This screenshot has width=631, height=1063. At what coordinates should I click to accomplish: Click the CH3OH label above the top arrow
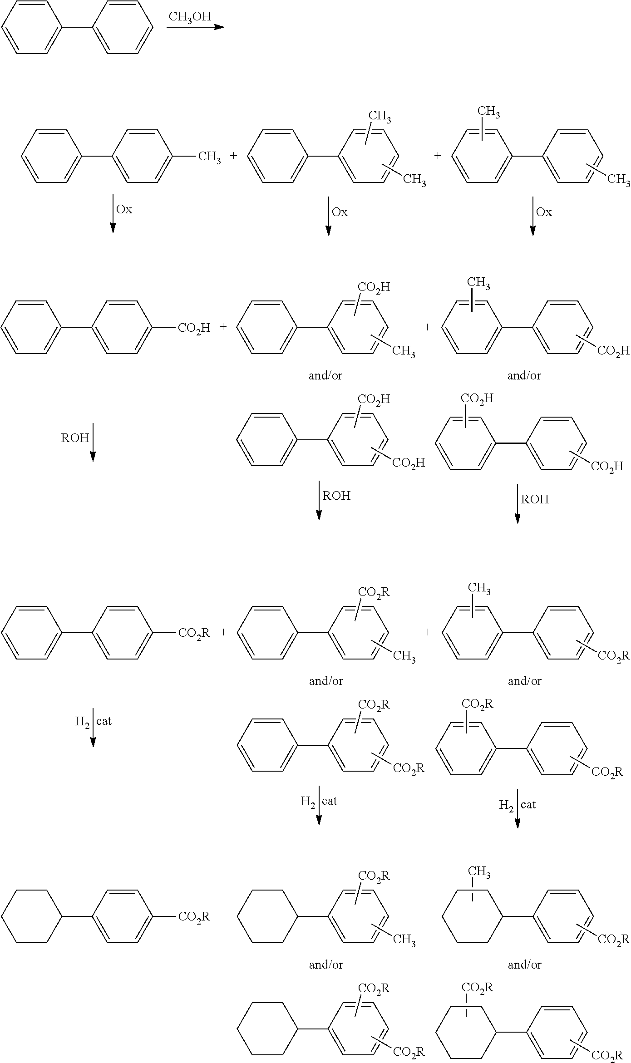coord(190,17)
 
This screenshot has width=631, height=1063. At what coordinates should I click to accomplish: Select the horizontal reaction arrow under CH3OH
coord(195,27)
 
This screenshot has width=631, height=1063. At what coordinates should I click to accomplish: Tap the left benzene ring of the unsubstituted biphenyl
coord(32,27)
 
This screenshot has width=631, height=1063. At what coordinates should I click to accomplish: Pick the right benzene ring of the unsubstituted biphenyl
coord(123,27)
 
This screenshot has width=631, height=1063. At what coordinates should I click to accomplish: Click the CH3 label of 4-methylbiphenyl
coord(209,157)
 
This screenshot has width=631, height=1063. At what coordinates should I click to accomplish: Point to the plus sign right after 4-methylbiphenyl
coord(233,156)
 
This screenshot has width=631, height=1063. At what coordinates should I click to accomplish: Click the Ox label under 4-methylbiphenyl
coord(124,209)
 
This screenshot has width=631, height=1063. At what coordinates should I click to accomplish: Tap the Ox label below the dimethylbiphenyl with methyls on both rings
coord(544,212)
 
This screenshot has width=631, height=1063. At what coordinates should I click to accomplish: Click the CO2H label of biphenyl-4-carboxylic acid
coord(194,328)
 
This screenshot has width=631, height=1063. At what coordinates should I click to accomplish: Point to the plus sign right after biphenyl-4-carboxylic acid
coord(223,326)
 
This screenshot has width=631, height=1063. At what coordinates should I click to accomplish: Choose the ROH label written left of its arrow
coord(75,438)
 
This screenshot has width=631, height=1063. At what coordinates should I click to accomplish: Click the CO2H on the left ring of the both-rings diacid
coord(477,399)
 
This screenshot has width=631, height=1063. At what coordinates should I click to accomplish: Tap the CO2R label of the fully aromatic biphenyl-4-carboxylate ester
coord(194,633)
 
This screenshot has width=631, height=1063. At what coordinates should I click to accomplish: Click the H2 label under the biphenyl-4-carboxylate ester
coord(82,722)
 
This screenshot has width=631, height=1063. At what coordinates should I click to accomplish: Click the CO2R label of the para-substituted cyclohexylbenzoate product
coord(194,917)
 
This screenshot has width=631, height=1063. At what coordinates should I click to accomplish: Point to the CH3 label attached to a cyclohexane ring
coord(479,871)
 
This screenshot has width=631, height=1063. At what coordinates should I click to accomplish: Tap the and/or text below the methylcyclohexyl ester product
coord(524,965)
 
